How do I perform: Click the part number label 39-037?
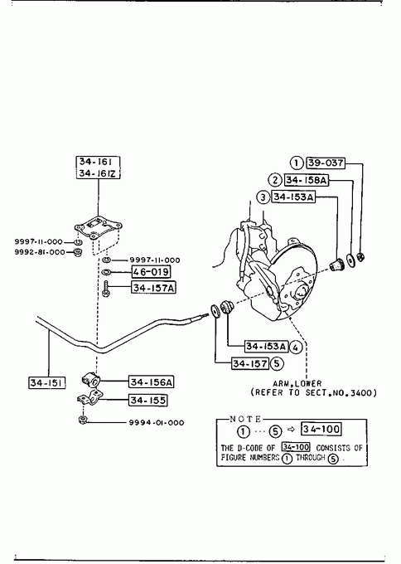coord(325,163)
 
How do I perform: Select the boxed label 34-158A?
coord(307,180)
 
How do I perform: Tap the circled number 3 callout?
coord(263,197)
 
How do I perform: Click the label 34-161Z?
coord(98,173)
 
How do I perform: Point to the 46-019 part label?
coord(151,271)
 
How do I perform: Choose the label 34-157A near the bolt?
coord(154,288)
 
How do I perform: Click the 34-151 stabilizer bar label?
coord(47,382)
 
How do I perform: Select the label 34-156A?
coord(151,382)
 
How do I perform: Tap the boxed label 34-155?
coord(148,400)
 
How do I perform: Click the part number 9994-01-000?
coord(157,423)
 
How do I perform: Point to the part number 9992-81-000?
coord(40,252)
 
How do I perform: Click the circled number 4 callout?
coord(295,347)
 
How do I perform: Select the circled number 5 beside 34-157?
coord(277,363)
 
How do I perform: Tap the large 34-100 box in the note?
coord(321,429)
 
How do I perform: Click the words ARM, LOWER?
coord(297,383)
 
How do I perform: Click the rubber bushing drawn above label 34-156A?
coord(91,379)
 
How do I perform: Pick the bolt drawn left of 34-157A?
coord(106,289)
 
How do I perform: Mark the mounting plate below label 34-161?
coord(98,228)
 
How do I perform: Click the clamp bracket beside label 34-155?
coord(89,398)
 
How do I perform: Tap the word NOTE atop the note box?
coord(246,419)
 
